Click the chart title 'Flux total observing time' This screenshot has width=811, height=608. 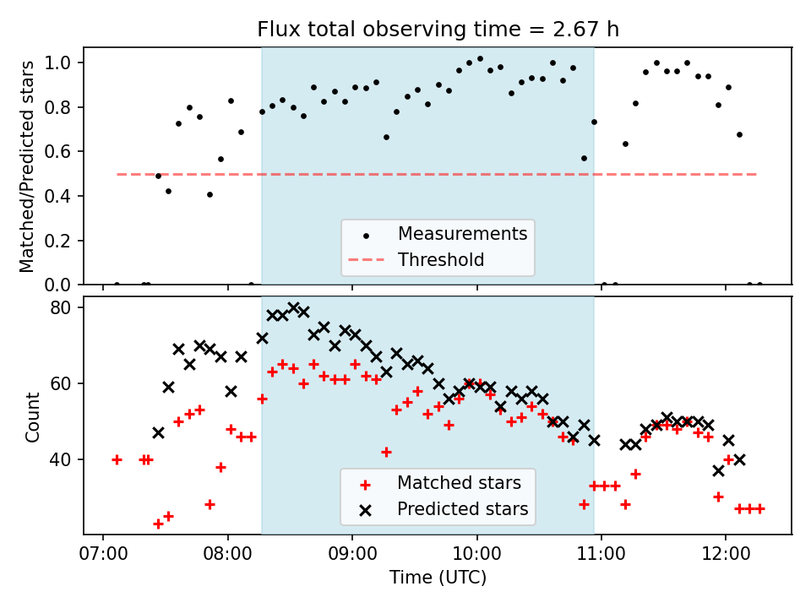click(438, 30)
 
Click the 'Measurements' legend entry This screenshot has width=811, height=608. click(462, 233)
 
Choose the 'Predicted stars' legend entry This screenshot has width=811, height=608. click(462, 509)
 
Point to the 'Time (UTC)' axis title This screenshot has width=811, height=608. click(438, 578)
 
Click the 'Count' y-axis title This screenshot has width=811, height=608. click(33, 416)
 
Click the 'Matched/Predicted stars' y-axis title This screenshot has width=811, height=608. click(27, 166)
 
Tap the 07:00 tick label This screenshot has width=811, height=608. click(103, 556)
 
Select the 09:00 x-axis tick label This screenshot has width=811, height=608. click(352, 556)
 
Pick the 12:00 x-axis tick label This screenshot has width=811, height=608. click(726, 556)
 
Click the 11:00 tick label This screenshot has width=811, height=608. click(601, 556)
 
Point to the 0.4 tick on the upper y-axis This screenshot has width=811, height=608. click(64, 196)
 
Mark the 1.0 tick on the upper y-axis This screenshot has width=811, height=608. click(64, 62)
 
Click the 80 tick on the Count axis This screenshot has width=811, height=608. click(68, 307)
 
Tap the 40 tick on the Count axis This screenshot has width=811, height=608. click(68, 459)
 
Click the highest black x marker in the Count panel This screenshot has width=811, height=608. click(293, 307)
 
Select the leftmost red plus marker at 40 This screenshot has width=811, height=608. click(117, 459)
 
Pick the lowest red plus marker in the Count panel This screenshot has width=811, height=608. click(158, 524)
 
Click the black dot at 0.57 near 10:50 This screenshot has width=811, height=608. click(584, 158)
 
